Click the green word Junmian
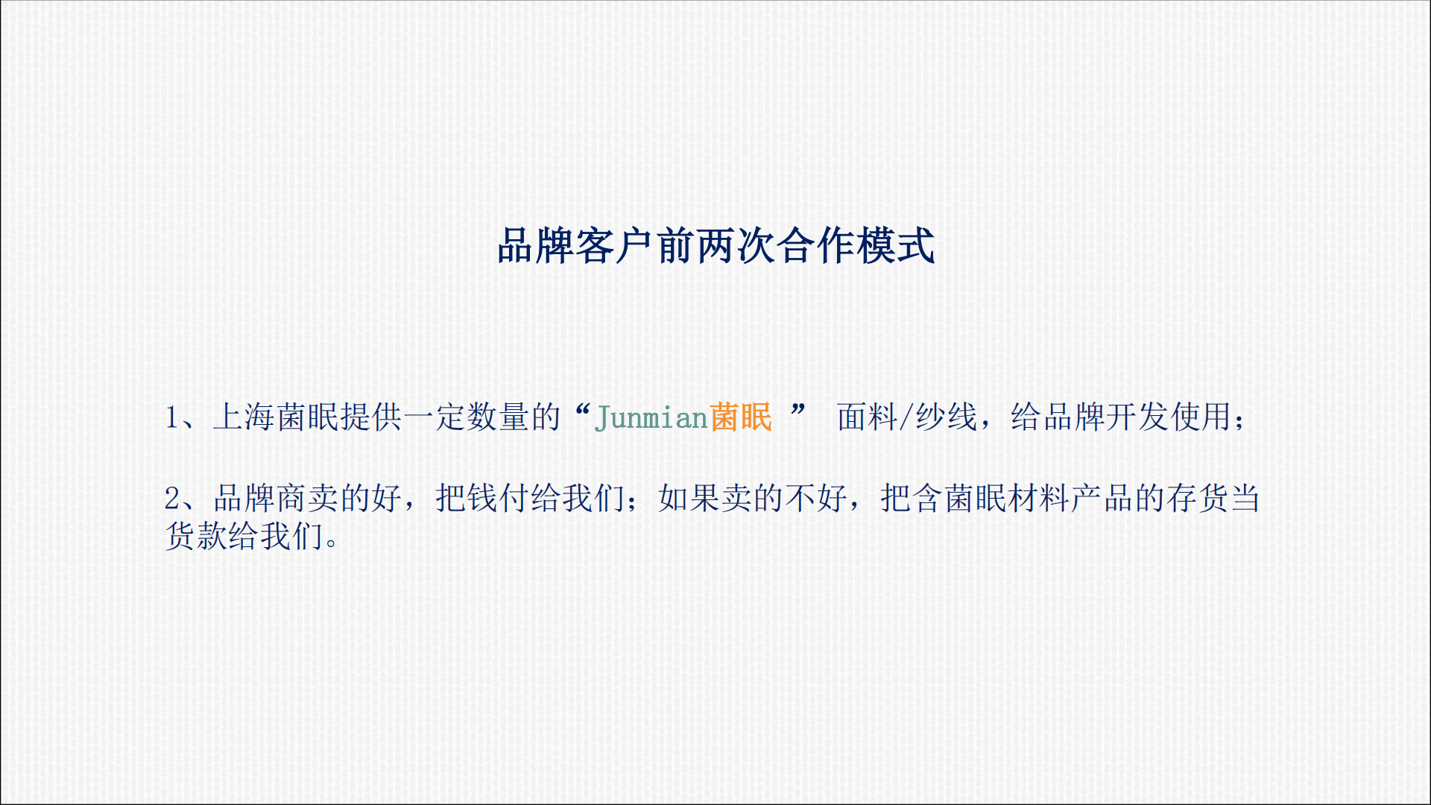click(651, 418)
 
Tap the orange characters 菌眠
click(741, 417)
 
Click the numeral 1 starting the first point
click(172, 417)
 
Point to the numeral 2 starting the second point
click(172, 498)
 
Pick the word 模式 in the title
click(897, 246)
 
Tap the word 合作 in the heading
click(817, 246)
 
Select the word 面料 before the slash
click(868, 417)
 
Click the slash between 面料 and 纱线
click(907, 417)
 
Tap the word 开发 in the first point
click(1137, 417)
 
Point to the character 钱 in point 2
click(482, 498)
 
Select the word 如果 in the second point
click(689, 498)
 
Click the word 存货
click(1198, 498)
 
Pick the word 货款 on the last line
click(197, 536)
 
